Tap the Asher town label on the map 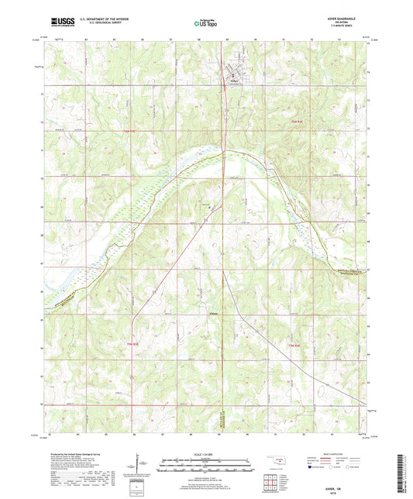coord(233,79)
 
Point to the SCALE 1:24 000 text coord(205,453)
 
